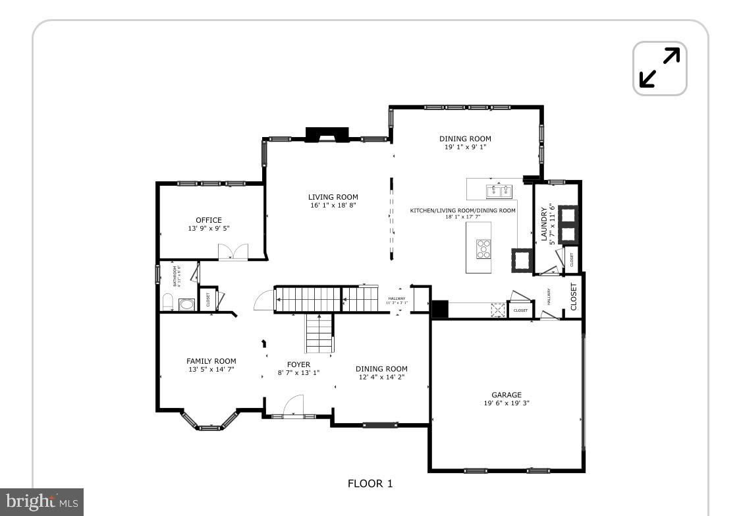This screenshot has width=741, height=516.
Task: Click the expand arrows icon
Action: coord(659,68)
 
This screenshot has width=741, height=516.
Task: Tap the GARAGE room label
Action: coord(506,395)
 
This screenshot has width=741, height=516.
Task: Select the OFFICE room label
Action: coord(209,220)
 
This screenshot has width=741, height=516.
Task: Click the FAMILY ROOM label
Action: coord(211,361)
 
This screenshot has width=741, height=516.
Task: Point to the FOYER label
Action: coord(298,364)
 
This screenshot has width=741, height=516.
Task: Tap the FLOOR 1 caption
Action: coord(370,484)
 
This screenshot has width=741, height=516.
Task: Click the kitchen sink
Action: coord(499,192)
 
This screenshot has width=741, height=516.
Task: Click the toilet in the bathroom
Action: coord(167,303)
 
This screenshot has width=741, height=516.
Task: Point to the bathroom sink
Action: coord(186,304)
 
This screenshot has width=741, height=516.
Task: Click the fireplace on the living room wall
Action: coord(327,134)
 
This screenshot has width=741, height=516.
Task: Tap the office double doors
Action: coord(233,252)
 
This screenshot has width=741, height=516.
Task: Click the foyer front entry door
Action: coord(293,407)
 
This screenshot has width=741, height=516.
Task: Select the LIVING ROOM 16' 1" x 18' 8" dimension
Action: coord(333,206)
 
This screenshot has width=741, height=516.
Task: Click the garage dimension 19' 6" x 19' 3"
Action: coord(506,403)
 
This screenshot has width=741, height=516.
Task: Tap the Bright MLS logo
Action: coord(41,502)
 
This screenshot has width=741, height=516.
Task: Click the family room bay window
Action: coord(209,424)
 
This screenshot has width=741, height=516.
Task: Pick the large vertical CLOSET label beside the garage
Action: coord(574,297)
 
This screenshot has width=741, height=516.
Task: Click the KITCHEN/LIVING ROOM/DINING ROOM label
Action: coord(462,210)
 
